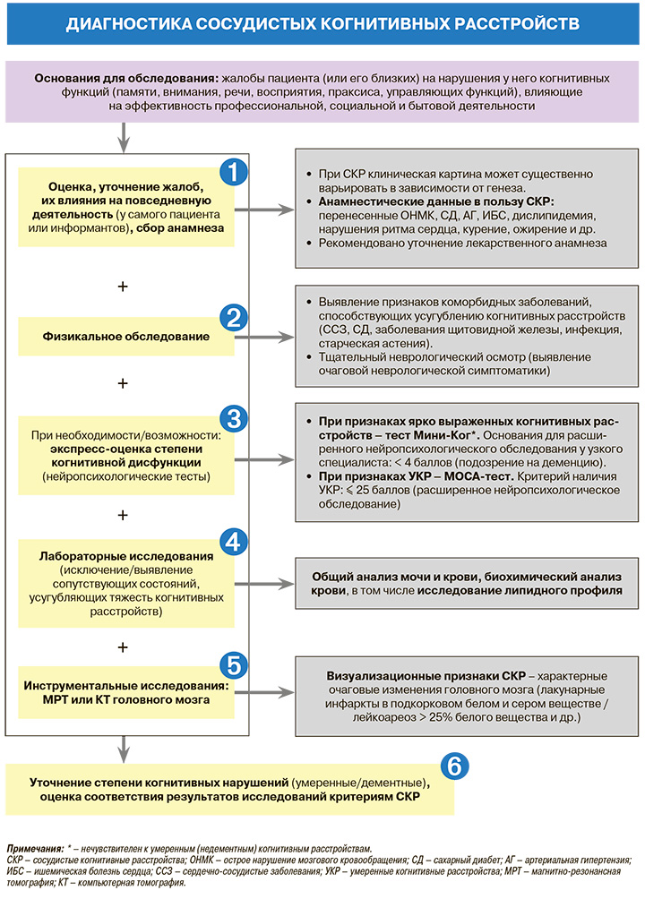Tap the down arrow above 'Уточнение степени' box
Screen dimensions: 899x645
125,746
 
